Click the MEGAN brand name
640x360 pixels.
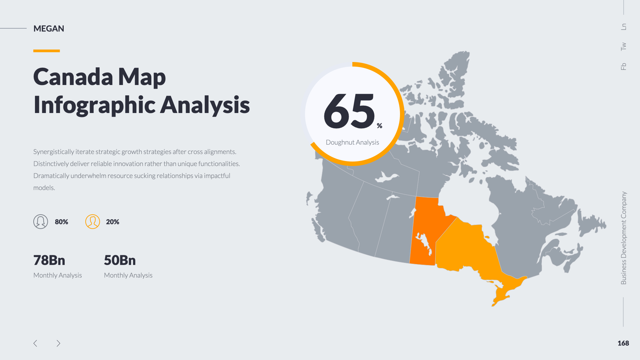pyautogui.click(x=49, y=29)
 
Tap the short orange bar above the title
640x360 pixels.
pyautogui.click(x=47, y=51)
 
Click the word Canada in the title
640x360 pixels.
pyautogui.click(x=73, y=77)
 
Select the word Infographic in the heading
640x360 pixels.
pyautogui.click(x=94, y=105)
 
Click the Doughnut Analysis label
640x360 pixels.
pyautogui.click(x=352, y=142)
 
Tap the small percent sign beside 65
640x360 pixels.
pyautogui.click(x=379, y=126)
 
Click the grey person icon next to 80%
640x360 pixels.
pyautogui.click(x=41, y=222)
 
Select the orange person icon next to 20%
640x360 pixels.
pyautogui.click(x=93, y=222)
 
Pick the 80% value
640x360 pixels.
pyautogui.click(x=61, y=222)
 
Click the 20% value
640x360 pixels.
pyautogui.click(x=113, y=222)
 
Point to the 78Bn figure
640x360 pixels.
pyautogui.click(x=49, y=260)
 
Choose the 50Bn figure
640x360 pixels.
pyautogui.click(x=120, y=260)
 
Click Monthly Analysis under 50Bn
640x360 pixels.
pyautogui.click(x=128, y=275)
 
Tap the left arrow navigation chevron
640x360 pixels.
pyautogui.click(x=35, y=343)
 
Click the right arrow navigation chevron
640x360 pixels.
pyautogui.click(x=58, y=343)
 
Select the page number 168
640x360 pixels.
pyautogui.click(x=623, y=343)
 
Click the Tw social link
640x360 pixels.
pyautogui.click(x=623, y=46)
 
